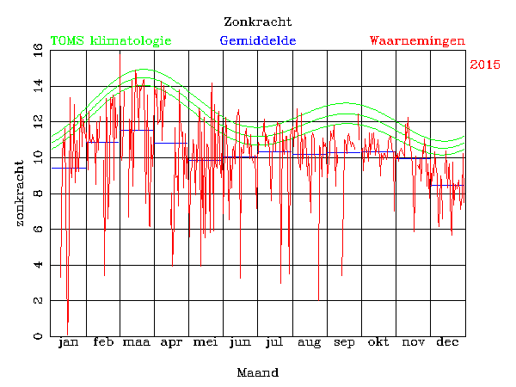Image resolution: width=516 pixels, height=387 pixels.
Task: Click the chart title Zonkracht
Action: pyautogui.click(x=257, y=21)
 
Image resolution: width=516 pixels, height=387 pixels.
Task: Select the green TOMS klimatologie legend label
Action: pyautogui.click(x=111, y=40)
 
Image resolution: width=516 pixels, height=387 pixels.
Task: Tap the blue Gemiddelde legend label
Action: pyautogui.click(x=258, y=40)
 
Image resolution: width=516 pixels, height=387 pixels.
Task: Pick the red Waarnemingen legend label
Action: pyautogui.click(x=417, y=40)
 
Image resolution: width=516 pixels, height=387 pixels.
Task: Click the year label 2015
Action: pyautogui.click(x=486, y=64)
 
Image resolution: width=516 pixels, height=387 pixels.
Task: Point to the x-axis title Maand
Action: pyautogui.click(x=257, y=372)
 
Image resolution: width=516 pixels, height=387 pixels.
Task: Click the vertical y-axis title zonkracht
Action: pyautogui.click(x=20, y=193)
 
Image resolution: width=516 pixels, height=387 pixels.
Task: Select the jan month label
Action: pyautogui.click(x=68, y=343)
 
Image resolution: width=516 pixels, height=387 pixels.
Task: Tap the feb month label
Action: pyautogui.click(x=103, y=343)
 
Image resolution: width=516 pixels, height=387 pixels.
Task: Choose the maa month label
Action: pyautogui.click(x=137, y=343)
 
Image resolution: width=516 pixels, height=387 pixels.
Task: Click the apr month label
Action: pyautogui.click(x=172, y=343)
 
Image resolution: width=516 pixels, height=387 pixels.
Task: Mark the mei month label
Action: pyautogui.click(x=206, y=343)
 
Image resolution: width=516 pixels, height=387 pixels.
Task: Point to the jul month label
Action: pyautogui.click(x=274, y=343)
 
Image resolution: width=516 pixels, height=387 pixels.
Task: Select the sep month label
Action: pyautogui.click(x=344, y=343)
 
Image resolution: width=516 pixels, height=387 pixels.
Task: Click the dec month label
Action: pyautogui.click(x=447, y=343)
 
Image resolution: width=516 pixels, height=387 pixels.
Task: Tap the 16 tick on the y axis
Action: pyautogui.click(x=39, y=51)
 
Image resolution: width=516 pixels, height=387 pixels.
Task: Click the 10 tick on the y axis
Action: pyautogui.click(x=39, y=158)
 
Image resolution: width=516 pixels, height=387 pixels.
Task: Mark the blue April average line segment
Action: pyautogui.click(x=171, y=143)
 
